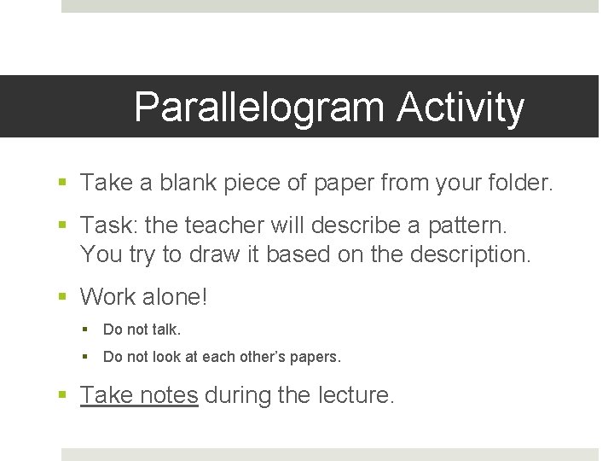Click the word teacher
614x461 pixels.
click(x=225, y=225)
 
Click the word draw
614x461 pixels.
click(x=233, y=254)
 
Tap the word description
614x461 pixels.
click(x=455, y=254)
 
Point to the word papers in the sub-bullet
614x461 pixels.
click(x=315, y=358)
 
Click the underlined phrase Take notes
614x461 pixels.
click(x=139, y=395)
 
